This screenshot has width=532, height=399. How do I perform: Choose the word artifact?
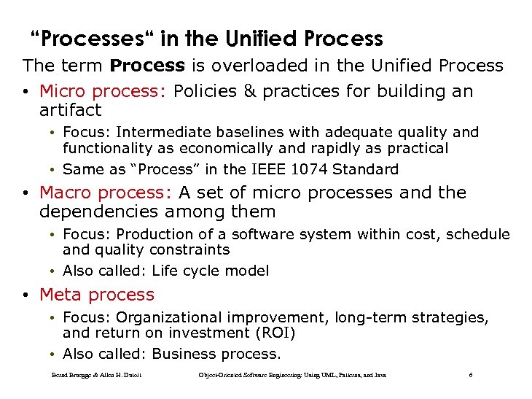[70, 110]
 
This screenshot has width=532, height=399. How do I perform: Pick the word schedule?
[477, 234]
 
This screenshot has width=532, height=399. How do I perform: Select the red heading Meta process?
[97, 295]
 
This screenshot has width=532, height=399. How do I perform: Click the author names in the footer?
[96, 375]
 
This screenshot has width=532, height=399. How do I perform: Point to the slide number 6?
[471, 375]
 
